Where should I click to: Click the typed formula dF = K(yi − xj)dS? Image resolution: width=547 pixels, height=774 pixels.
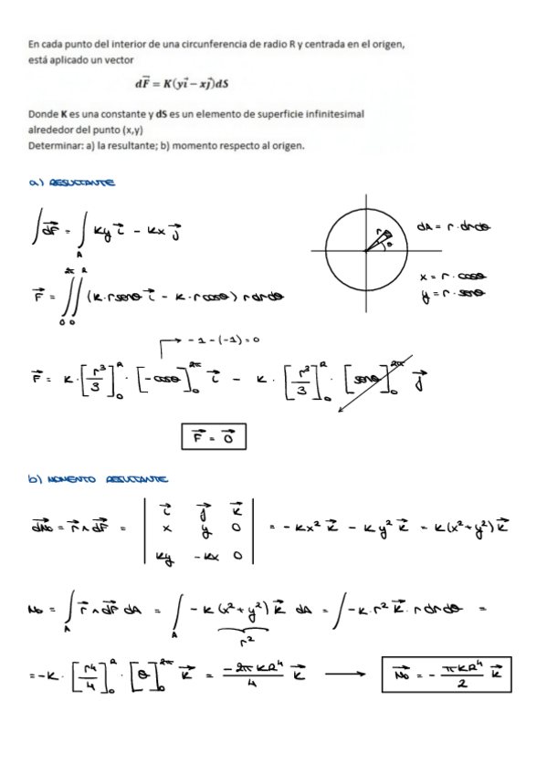(181, 83)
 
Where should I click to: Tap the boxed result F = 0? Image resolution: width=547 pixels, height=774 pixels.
(214, 438)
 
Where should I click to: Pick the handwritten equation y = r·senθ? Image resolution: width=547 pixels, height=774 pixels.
(450, 293)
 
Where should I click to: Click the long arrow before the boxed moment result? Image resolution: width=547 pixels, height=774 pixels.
(345, 677)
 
